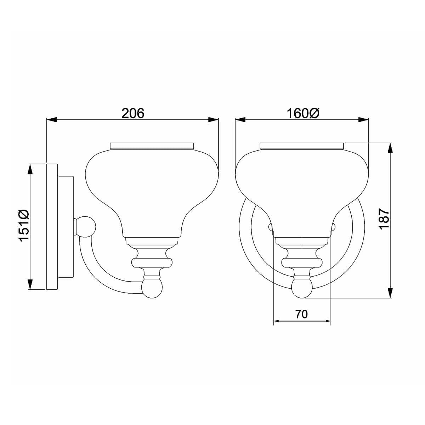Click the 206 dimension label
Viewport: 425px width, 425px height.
point(133,113)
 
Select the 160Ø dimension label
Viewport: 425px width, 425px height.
point(303,113)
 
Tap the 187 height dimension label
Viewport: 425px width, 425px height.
point(384,220)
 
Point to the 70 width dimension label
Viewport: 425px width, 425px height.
point(301,314)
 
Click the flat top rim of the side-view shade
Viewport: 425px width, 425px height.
point(152,146)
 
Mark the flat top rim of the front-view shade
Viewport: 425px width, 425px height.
point(302,146)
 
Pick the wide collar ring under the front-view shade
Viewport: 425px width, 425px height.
point(302,262)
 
